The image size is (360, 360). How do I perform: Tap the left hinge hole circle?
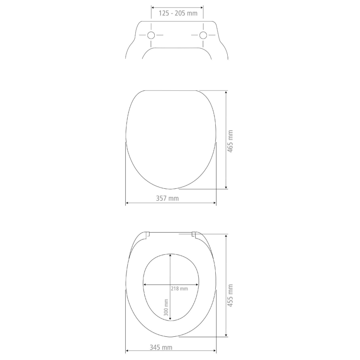point(151,35)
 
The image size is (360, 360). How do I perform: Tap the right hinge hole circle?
point(203,35)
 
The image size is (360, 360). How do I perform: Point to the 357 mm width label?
point(167,198)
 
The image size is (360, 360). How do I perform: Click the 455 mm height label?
point(231,296)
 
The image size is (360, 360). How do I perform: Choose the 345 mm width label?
point(161,348)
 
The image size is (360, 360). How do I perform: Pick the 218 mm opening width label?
point(179,289)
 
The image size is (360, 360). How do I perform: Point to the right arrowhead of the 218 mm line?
point(197,285)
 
